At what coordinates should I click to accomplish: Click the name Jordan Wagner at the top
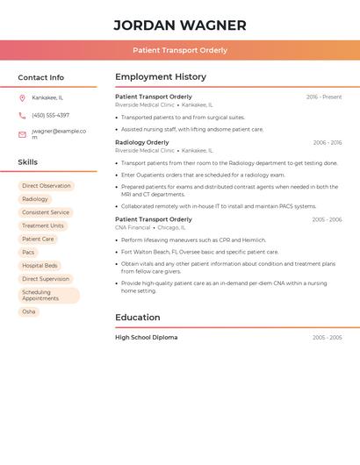(180, 25)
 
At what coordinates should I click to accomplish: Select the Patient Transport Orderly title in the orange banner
(180, 50)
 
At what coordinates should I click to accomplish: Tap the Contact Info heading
(41, 77)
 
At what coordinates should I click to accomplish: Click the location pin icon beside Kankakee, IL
(22, 97)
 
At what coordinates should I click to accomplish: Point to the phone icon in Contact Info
(22, 115)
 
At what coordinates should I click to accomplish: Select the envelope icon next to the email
(22, 134)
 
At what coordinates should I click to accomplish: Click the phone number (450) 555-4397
(50, 115)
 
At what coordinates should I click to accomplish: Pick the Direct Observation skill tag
(47, 186)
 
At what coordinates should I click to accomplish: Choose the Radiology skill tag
(35, 199)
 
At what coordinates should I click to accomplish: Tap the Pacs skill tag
(29, 252)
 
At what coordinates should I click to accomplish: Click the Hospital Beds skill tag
(40, 265)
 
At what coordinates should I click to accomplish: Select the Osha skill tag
(29, 311)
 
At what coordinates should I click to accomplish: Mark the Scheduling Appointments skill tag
(48, 295)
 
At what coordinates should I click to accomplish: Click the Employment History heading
(161, 77)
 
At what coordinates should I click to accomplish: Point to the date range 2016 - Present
(324, 97)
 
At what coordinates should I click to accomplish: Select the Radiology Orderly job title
(142, 142)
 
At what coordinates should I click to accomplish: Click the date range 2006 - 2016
(327, 142)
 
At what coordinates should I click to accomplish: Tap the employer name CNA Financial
(133, 227)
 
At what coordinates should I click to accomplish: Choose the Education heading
(138, 318)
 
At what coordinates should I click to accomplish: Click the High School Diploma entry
(147, 337)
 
